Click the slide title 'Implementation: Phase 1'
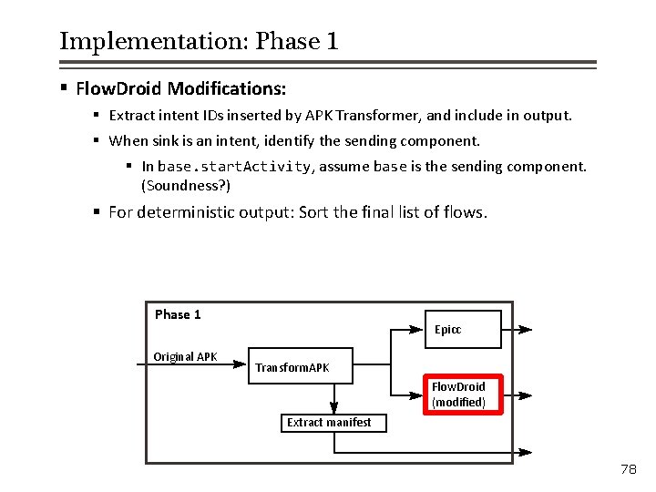199,42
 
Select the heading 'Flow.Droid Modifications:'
180,88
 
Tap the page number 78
628,469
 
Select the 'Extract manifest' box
329,423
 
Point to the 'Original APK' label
185,356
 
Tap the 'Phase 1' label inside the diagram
178,314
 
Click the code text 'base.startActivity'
235,167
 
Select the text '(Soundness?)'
186,185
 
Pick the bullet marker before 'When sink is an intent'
96,140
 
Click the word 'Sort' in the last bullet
315,212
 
